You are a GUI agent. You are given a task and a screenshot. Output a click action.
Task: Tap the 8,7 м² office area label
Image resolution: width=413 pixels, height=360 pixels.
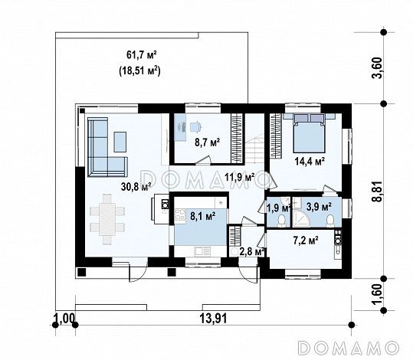[208, 142]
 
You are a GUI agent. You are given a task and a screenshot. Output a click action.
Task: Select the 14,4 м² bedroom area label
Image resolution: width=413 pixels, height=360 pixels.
[310, 161]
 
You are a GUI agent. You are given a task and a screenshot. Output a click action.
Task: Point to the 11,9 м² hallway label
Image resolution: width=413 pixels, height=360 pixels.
[239, 177]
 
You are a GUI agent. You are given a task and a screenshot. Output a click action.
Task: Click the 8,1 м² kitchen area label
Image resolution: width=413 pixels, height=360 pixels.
[203, 216]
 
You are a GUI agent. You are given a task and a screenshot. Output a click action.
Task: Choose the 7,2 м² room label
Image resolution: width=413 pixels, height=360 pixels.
[306, 241]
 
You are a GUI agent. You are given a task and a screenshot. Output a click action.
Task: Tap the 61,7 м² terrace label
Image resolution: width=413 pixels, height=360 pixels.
[142, 55]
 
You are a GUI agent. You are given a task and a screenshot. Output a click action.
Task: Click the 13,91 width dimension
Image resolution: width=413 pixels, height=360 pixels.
[213, 319]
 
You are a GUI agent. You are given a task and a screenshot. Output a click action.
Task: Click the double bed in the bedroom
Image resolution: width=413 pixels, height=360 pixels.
[310, 133]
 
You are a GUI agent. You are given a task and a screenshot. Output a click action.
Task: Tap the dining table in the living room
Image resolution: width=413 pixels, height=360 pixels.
[107, 219]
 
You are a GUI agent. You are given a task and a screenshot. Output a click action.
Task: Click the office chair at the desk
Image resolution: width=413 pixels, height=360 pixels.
[196, 127]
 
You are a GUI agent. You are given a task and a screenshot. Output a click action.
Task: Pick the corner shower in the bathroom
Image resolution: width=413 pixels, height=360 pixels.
[301, 219]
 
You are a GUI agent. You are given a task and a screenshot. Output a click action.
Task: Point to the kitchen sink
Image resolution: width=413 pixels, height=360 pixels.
[202, 252]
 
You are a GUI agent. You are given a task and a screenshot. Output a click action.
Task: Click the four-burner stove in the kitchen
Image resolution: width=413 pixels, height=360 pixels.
[180, 214]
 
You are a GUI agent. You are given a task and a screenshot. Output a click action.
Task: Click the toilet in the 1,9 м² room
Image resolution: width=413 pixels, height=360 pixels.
[281, 221]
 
